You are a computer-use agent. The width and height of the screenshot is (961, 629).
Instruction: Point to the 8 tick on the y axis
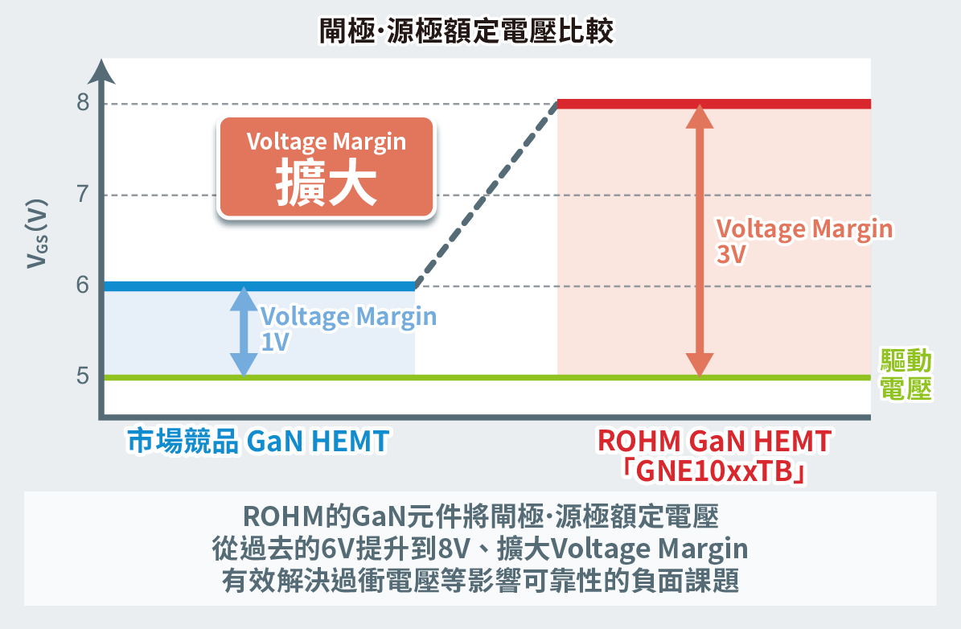tap(83, 105)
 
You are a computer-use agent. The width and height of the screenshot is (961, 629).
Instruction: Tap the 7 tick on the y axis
tap(83, 195)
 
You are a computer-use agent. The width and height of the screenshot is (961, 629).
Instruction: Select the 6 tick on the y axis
tap(83, 286)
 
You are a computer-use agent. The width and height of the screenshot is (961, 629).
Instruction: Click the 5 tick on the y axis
tap(83, 377)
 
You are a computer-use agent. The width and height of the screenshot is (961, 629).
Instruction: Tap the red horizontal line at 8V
tap(714, 104)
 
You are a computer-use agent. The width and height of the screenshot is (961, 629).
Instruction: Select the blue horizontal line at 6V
tap(257, 286)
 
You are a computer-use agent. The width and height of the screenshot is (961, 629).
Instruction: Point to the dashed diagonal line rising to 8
tap(487, 195)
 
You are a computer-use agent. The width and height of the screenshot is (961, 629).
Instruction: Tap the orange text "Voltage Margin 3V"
tap(803, 240)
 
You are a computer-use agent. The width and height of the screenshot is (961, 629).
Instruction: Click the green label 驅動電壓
tap(906, 374)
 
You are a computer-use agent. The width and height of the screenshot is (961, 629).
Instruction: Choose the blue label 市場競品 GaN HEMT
tap(258, 442)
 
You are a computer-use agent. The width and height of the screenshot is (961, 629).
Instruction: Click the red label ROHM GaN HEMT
tap(713, 441)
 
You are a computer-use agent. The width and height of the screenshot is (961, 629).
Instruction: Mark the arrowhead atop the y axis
tap(102, 69)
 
